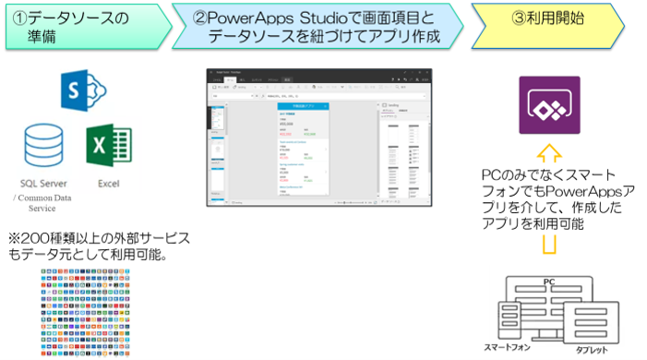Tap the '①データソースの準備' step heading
pyautogui.click(x=83, y=27)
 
